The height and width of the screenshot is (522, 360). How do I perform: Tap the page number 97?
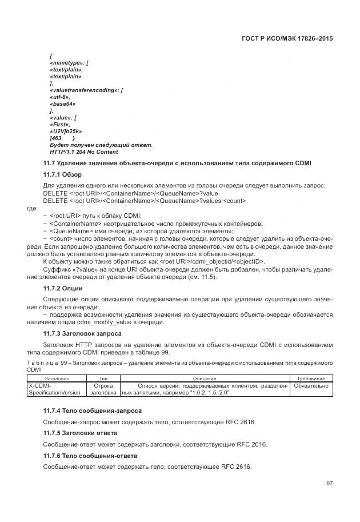click(329, 483)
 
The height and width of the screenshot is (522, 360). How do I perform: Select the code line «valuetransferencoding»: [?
click(87, 90)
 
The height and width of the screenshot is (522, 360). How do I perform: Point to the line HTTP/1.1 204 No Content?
click(83, 152)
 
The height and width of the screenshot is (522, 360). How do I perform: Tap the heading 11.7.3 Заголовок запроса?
click(83, 333)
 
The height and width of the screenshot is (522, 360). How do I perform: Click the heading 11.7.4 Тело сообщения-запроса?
click(93, 411)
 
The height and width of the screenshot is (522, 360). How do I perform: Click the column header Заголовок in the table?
click(56, 378)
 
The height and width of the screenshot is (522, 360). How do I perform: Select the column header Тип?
click(103, 378)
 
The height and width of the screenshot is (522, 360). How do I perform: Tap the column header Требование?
click(311, 378)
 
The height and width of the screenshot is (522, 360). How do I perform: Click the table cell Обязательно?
click(311, 386)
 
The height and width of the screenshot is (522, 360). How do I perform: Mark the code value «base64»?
click(63, 104)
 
